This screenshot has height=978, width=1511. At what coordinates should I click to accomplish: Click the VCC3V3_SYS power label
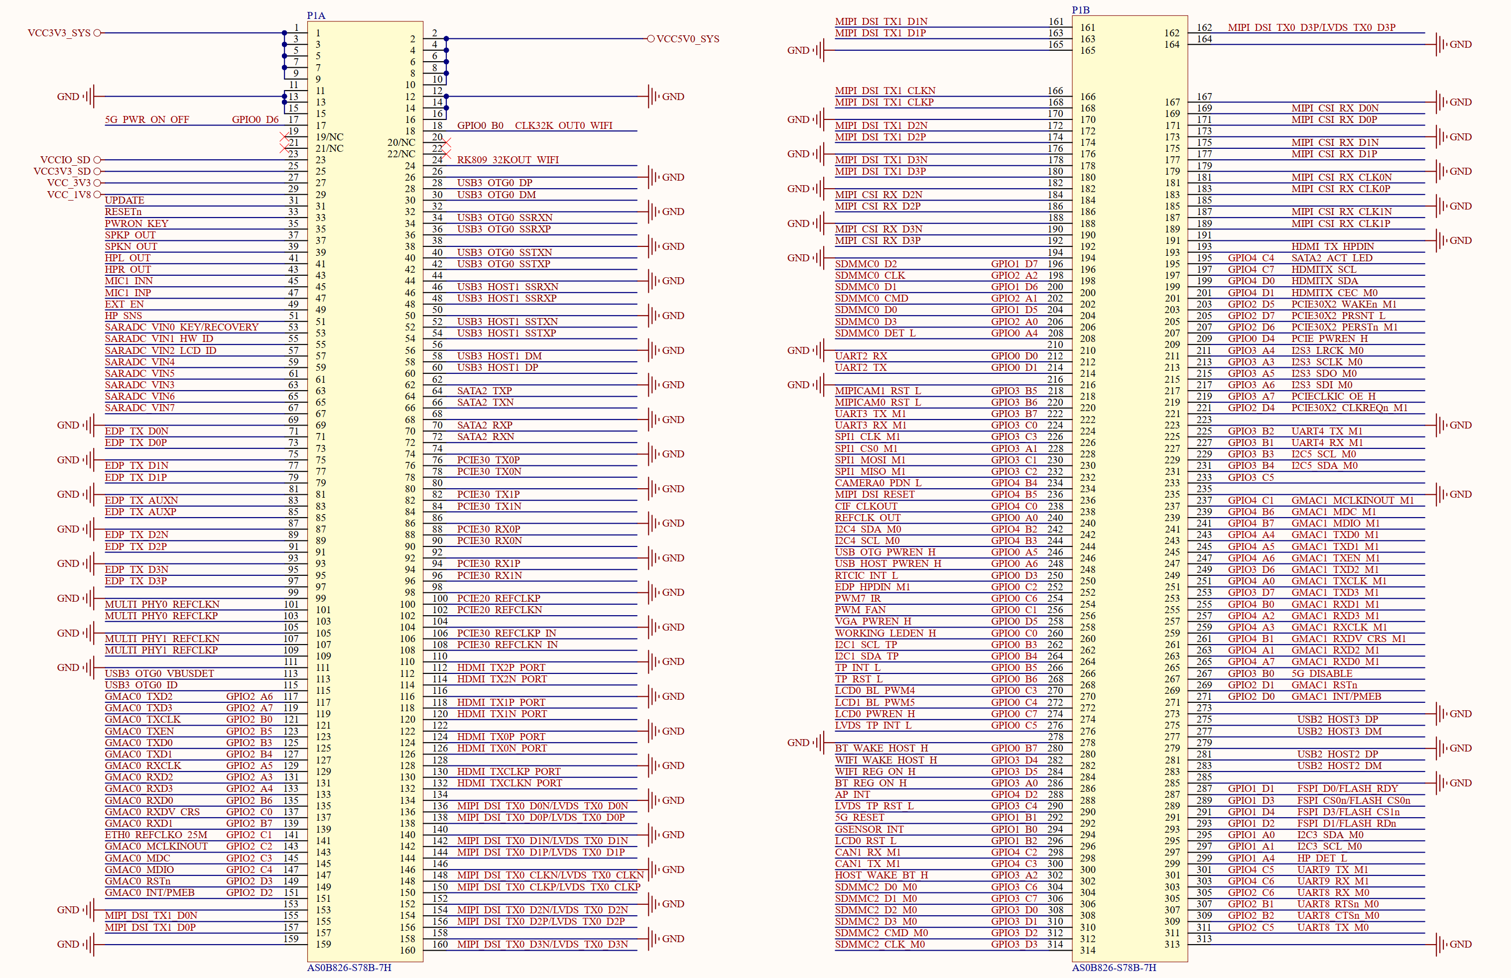[59, 33]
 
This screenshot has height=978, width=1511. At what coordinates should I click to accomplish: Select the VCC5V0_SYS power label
[688, 39]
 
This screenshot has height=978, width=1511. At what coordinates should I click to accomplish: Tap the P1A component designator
[316, 15]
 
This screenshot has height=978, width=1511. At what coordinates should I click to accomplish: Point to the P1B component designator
[1081, 9]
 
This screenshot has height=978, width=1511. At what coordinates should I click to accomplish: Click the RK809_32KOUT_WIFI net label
[508, 160]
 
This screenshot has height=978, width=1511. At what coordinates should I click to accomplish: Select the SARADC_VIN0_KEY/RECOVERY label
[182, 327]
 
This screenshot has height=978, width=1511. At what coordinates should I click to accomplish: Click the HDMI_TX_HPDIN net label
[1332, 246]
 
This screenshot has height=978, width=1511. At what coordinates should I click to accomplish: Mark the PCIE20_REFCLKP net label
[499, 598]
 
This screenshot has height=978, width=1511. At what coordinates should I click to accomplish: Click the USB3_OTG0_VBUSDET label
[159, 673]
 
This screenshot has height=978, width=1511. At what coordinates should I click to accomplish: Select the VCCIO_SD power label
[65, 160]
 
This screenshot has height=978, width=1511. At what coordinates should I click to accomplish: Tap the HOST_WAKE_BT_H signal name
[881, 875]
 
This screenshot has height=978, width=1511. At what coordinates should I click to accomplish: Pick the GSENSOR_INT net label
[869, 829]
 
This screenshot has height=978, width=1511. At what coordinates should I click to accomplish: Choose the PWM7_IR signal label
[857, 598]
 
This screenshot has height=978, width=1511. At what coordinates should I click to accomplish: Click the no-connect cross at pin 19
[284, 137]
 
